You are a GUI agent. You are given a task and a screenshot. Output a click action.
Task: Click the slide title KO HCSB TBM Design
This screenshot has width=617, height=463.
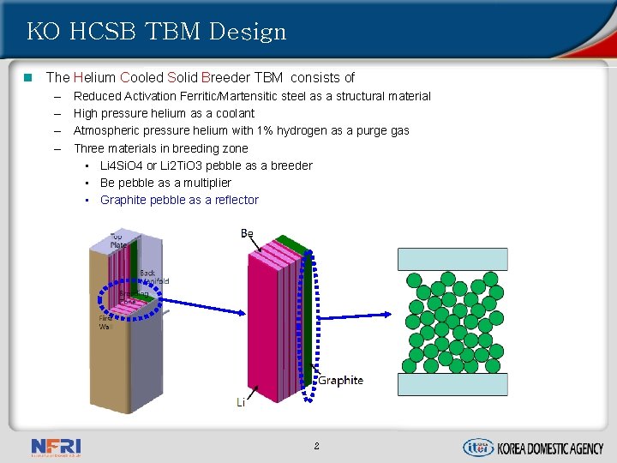156,33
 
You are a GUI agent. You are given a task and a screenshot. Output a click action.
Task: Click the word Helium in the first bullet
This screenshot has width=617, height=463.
93,77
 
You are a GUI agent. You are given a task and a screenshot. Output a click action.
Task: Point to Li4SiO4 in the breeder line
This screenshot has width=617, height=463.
122,165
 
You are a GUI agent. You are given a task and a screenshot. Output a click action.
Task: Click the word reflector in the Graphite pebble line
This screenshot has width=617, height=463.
231,200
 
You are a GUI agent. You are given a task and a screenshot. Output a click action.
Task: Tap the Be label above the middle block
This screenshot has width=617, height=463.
247,233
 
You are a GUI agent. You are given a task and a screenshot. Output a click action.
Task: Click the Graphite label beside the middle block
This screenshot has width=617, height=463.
340,381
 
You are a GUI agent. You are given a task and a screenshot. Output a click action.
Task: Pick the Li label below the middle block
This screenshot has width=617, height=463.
241,402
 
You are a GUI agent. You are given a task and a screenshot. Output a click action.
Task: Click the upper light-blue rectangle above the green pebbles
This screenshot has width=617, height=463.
452,259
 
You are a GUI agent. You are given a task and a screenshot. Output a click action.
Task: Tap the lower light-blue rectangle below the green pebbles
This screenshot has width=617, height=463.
452,383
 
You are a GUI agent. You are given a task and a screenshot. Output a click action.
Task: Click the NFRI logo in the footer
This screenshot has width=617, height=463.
56,447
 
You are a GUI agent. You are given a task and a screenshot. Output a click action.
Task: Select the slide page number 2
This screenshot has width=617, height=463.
316,446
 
